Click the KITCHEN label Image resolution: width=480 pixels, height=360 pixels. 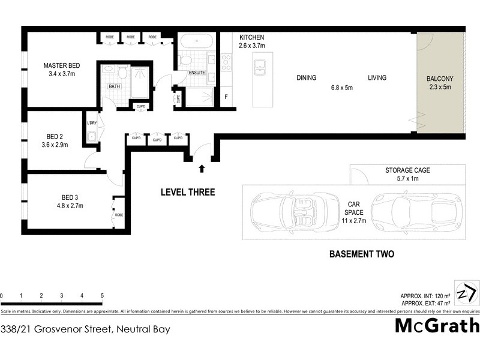[252, 37]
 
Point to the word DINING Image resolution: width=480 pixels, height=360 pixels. [306, 78]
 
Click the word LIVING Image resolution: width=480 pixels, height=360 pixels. [377, 78]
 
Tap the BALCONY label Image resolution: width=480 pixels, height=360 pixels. [440, 79]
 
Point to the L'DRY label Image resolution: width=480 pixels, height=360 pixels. [92, 123]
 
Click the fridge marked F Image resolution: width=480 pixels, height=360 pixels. [226, 97]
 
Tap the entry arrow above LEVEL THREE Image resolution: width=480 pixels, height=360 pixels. [202, 169]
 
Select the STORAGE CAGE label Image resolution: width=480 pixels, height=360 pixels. [407, 170]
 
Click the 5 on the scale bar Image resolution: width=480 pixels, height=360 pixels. [102, 296]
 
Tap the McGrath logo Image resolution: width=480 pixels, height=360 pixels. [437, 326]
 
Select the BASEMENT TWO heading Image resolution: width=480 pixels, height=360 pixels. [362, 254]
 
